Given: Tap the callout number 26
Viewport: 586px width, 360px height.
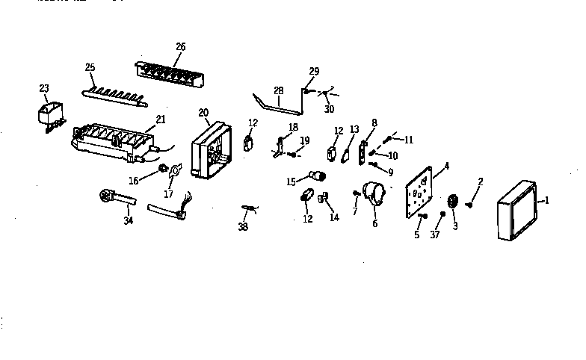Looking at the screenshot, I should click(x=180, y=46).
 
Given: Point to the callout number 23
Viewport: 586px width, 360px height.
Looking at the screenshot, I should click(x=43, y=88).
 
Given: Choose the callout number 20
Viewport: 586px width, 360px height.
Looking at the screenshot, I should click(x=203, y=113).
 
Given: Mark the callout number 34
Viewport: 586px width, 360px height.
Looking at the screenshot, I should click(x=129, y=221).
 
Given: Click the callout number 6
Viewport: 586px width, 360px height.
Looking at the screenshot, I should click(x=374, y=223).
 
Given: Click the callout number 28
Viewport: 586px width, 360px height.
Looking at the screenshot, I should click(x=278, y=90).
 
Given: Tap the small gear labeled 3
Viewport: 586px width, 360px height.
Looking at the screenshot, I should click(x=452, y=202).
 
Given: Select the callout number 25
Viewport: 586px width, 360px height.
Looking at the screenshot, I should click(x=90, y=68).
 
